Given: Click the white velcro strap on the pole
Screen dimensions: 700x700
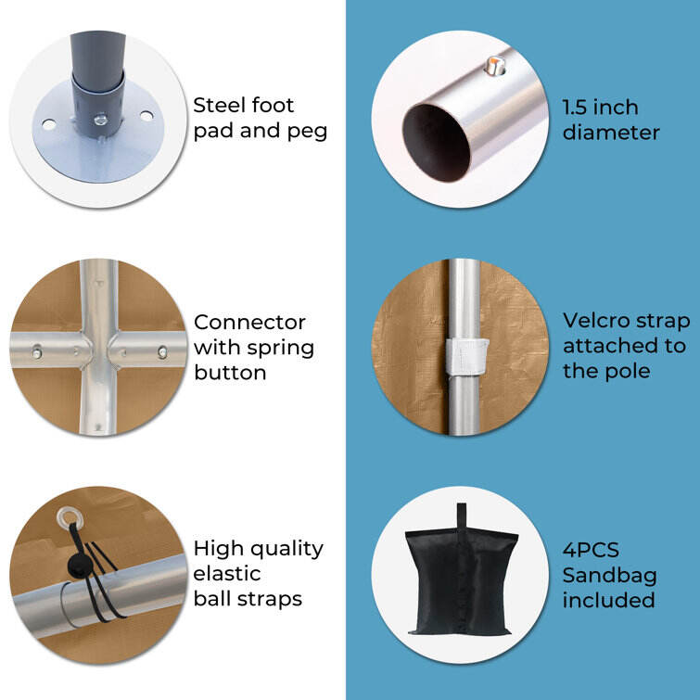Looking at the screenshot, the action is click(467, 357).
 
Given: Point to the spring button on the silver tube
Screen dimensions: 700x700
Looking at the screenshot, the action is click(495, 66).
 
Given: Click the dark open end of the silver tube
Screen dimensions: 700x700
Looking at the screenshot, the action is click(436, 143).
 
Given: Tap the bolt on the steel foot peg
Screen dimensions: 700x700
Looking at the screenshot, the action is click(100, 120).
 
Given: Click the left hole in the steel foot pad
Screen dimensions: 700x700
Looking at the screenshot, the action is click(48, 123).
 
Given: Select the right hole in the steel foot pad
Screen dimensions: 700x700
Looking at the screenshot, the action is click(146, 116).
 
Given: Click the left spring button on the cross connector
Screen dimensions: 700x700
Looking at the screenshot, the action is click(36, 351).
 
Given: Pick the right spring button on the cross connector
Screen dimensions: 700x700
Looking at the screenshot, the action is click(162, 351).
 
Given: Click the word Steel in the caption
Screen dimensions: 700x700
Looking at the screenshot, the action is click(219, 106).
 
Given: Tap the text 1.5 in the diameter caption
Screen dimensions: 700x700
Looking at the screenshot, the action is click(577, 108).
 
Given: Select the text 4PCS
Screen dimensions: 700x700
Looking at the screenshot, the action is click(591, 550).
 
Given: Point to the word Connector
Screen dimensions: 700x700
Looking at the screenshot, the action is click(249, 323).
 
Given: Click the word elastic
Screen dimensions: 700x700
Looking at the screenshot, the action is click(227, 574).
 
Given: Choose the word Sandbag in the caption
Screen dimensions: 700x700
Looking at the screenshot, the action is click(609, 576).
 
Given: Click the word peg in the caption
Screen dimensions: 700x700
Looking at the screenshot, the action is click(308, 133).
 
